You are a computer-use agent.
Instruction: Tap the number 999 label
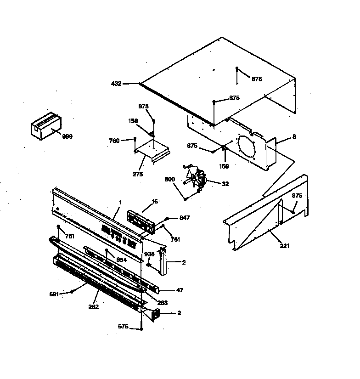[x=67, y=137]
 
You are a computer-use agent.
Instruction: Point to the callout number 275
[x=137, y=174]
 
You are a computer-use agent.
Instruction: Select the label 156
[x=133, y=121]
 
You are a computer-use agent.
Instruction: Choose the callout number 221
[x=285, y=246]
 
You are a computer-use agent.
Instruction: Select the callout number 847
[x=185, y=218]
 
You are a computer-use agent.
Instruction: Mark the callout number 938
[x=150, y=254]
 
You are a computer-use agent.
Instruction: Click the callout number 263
[x=162, y=303]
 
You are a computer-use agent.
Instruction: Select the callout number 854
[x=122, y=260]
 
